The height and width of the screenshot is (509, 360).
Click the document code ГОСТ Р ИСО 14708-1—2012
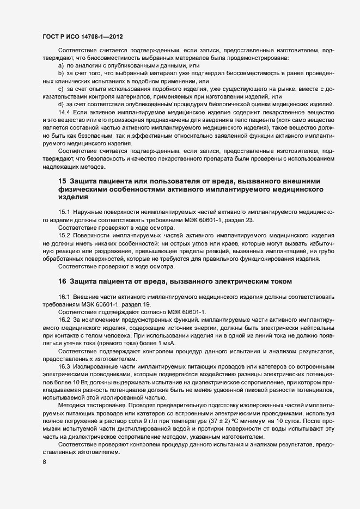tap(83, 37)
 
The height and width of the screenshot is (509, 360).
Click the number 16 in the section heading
tap(62, 281)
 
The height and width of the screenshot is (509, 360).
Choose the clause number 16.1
tap(65, 297)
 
